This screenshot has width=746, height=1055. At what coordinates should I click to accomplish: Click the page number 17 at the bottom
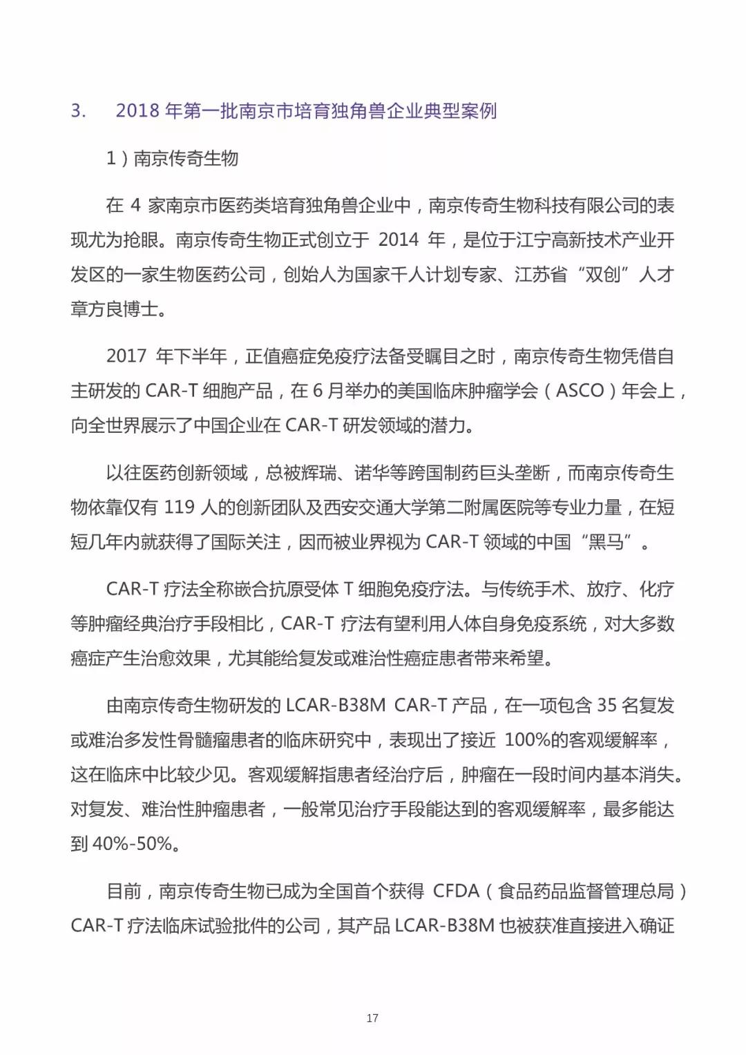[x=372, y=1018]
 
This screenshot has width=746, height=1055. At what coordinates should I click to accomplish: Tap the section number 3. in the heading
[x=79, y=110]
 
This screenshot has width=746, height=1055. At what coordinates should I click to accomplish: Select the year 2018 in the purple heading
[x=138, y=110]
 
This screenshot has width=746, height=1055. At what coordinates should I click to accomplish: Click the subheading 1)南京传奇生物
[x=172, y=158]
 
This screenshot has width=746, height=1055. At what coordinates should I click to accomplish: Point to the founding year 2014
[x=399, y=240]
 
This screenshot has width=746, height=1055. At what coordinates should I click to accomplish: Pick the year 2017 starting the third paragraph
[x=126, y=356]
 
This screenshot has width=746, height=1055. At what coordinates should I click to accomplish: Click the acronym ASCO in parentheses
[x=580, y=390]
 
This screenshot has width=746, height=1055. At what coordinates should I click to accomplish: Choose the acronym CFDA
[x=456, y=891]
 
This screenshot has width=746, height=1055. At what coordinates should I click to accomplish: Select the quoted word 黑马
[x=606, y=541]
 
